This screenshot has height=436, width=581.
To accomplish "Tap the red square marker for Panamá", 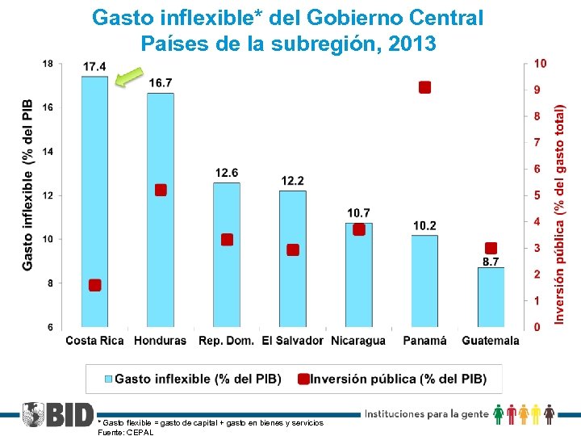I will pyautogui.click(x=424, y=87).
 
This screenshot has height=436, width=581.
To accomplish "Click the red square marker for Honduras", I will pyautogui.click(x=161, y=190).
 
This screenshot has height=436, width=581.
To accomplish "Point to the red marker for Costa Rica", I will pyautogui.click(x=94, y=285).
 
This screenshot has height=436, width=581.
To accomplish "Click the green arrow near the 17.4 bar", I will pyautogui.click(x=128, y=78).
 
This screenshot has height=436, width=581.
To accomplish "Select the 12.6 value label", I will pyautogui.click(x=227, y=173).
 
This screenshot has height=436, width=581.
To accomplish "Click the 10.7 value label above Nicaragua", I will pyautogui.click(x=359, y=212).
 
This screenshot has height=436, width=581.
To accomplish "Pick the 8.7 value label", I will pyautogui.click(x=491, y=261).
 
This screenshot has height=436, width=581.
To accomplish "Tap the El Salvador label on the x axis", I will pyautogui.click(x=292, y=341).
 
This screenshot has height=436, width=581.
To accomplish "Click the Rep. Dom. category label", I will pyautogui.click(x=226, y=341).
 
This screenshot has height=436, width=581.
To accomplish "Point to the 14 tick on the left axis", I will pyautogui.click(x=48, y=152).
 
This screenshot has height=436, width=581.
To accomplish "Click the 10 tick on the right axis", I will pyautogui.click(x=540, y=63).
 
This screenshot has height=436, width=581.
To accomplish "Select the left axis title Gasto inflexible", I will pyautogui.click(x=27, y=185).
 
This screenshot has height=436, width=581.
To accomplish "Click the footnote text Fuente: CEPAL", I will pyautogui.click(x=125, y=432).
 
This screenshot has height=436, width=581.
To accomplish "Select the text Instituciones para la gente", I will pyautogui.click(x=427, y=414).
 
